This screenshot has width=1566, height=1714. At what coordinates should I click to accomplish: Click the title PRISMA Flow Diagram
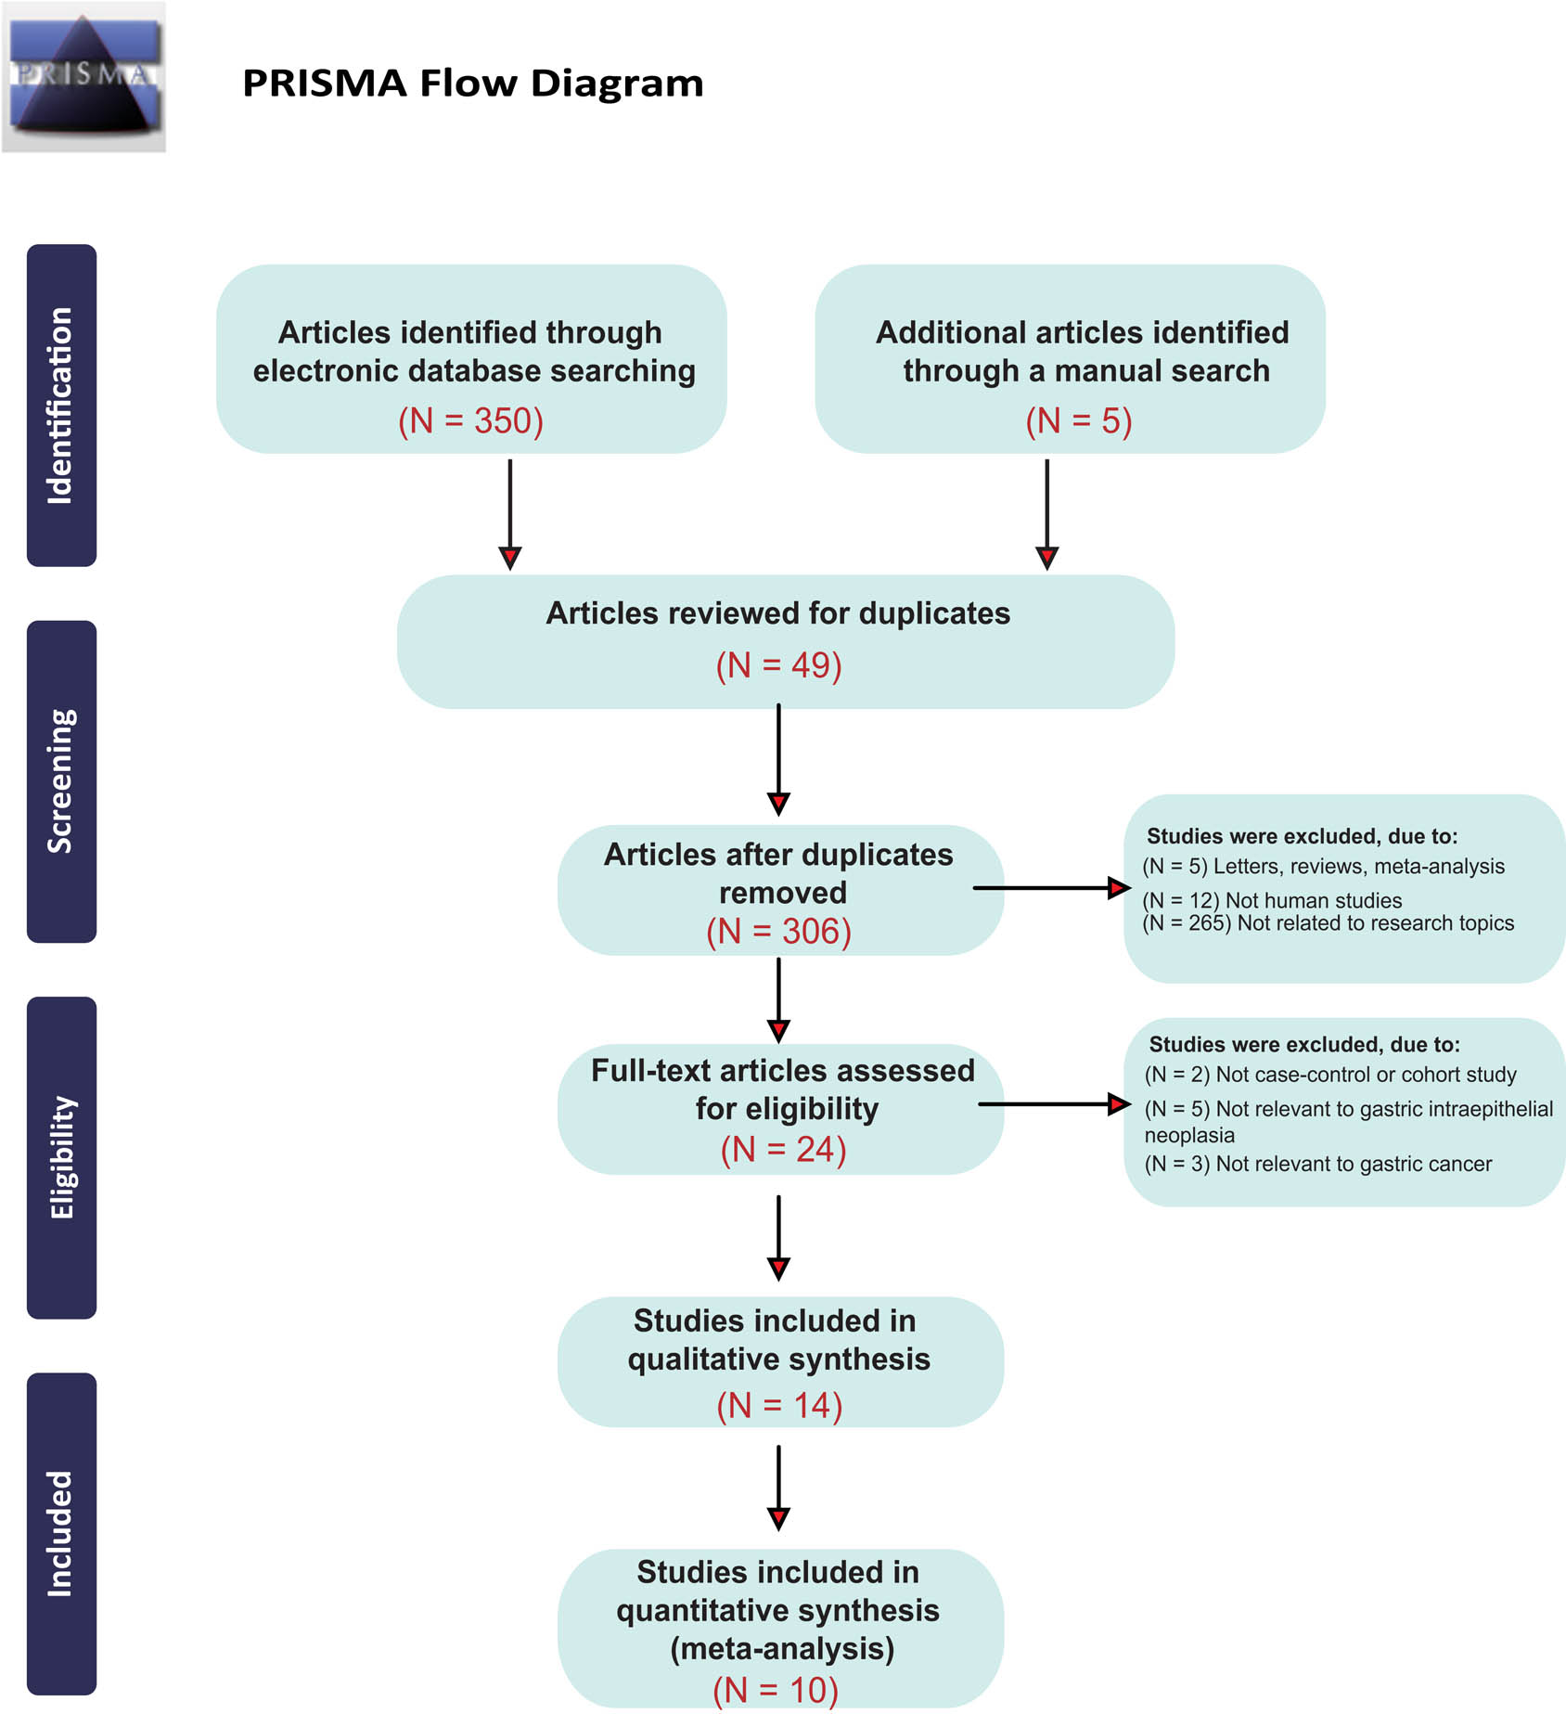click(x=472, y=84)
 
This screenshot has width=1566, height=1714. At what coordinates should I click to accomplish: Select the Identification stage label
click(x=61, y=406)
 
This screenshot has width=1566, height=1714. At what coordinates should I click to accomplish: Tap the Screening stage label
click(x=61, y=780)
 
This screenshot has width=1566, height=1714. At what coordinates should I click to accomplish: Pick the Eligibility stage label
click(x=61, y=1156)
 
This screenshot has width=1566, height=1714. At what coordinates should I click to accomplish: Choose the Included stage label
click(x=61, y=1533)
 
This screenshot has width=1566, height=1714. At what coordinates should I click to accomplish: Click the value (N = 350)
click(x=470, y=420)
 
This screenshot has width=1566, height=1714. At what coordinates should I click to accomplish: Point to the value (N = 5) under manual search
click(x=1078, y=420)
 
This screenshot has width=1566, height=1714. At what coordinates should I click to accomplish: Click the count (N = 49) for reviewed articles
click(x=778, y=665)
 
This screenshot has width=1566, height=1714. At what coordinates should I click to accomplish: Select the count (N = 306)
click(x=778, y=931)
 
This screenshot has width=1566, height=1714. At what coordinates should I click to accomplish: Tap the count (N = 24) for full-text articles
click(x=783, y=1149)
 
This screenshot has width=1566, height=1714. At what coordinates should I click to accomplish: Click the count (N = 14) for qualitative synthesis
click(x=779, y=1405)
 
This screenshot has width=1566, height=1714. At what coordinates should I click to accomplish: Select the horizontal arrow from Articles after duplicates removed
click(x=1050, y=888)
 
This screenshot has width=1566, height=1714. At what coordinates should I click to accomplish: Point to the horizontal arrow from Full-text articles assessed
click(x=1053, y=1104)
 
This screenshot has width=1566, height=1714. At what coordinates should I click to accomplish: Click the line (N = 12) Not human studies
click(x=1272, y=900)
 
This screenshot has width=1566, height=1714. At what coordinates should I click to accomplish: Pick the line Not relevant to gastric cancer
click(x=1317, y=1164)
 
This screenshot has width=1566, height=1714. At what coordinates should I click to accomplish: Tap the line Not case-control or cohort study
click(x=1329, y=1075)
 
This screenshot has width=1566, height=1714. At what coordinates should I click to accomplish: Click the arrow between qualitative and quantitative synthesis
click(x=778, y=1487)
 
